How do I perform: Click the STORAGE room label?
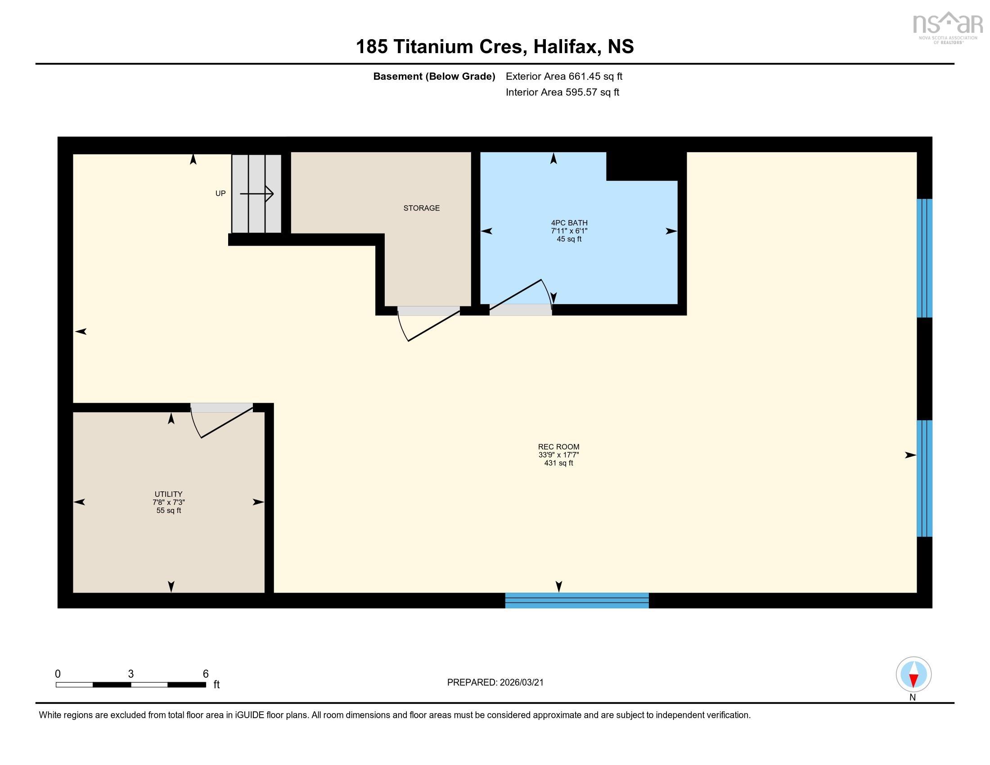(x=421, y=208)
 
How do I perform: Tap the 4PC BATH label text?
(x=569, y=222)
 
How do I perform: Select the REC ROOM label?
(x=558, y=447)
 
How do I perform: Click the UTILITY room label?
(x=168, y=494)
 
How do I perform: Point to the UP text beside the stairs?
(x=220, y=193)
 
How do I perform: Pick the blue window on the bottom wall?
(x=576, y=600)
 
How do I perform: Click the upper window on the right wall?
(x=924, y=258)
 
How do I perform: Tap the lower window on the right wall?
(x=924, y=478)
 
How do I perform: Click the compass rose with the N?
(x=913, y=675)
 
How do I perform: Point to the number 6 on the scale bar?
(x=205, y=674)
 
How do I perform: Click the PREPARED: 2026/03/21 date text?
(x=495, y=683)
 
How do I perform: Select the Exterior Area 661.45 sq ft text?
(x=564, y=76)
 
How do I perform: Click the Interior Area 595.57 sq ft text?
(x=562, y=92)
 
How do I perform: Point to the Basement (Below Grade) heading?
(x=434, y=76)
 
